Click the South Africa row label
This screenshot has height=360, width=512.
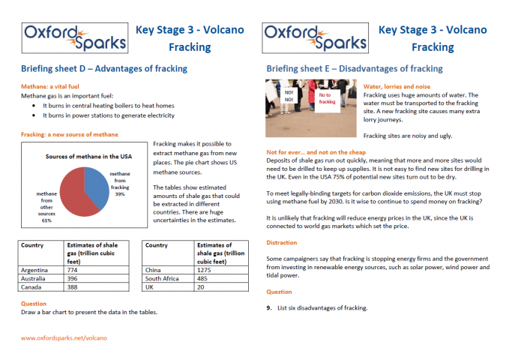pos(166,277)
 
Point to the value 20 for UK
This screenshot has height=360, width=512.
pos(200,287)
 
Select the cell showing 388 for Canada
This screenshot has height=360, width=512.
pos(73,287)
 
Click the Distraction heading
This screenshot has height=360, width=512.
pos(283,243)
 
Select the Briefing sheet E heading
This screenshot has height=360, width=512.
pos(355,69)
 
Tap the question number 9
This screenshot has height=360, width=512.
pos(270,307)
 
